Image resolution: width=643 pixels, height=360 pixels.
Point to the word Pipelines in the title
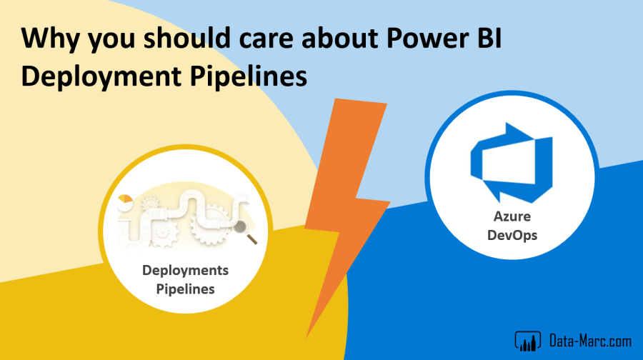(x=249, y=76)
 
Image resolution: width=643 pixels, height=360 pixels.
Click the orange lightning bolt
(x=347, y=213)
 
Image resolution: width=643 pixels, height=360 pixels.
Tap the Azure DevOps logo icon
(x=512, y=163)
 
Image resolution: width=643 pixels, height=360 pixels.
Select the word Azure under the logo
(x=512, y=216)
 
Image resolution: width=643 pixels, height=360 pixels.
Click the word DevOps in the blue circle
(x=512, y=235)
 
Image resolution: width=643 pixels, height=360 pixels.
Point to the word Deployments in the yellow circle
(x=185, y=270)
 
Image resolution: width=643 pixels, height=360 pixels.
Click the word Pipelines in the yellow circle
(x=185, y=289)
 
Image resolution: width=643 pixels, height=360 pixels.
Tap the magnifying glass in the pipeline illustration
(x=244, y=231)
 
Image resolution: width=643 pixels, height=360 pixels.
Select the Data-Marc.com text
(x=590, y=341)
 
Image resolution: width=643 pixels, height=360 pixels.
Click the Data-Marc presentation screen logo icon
(x=528, y=341)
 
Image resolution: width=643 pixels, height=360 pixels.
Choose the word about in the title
(x=340, y=38)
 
